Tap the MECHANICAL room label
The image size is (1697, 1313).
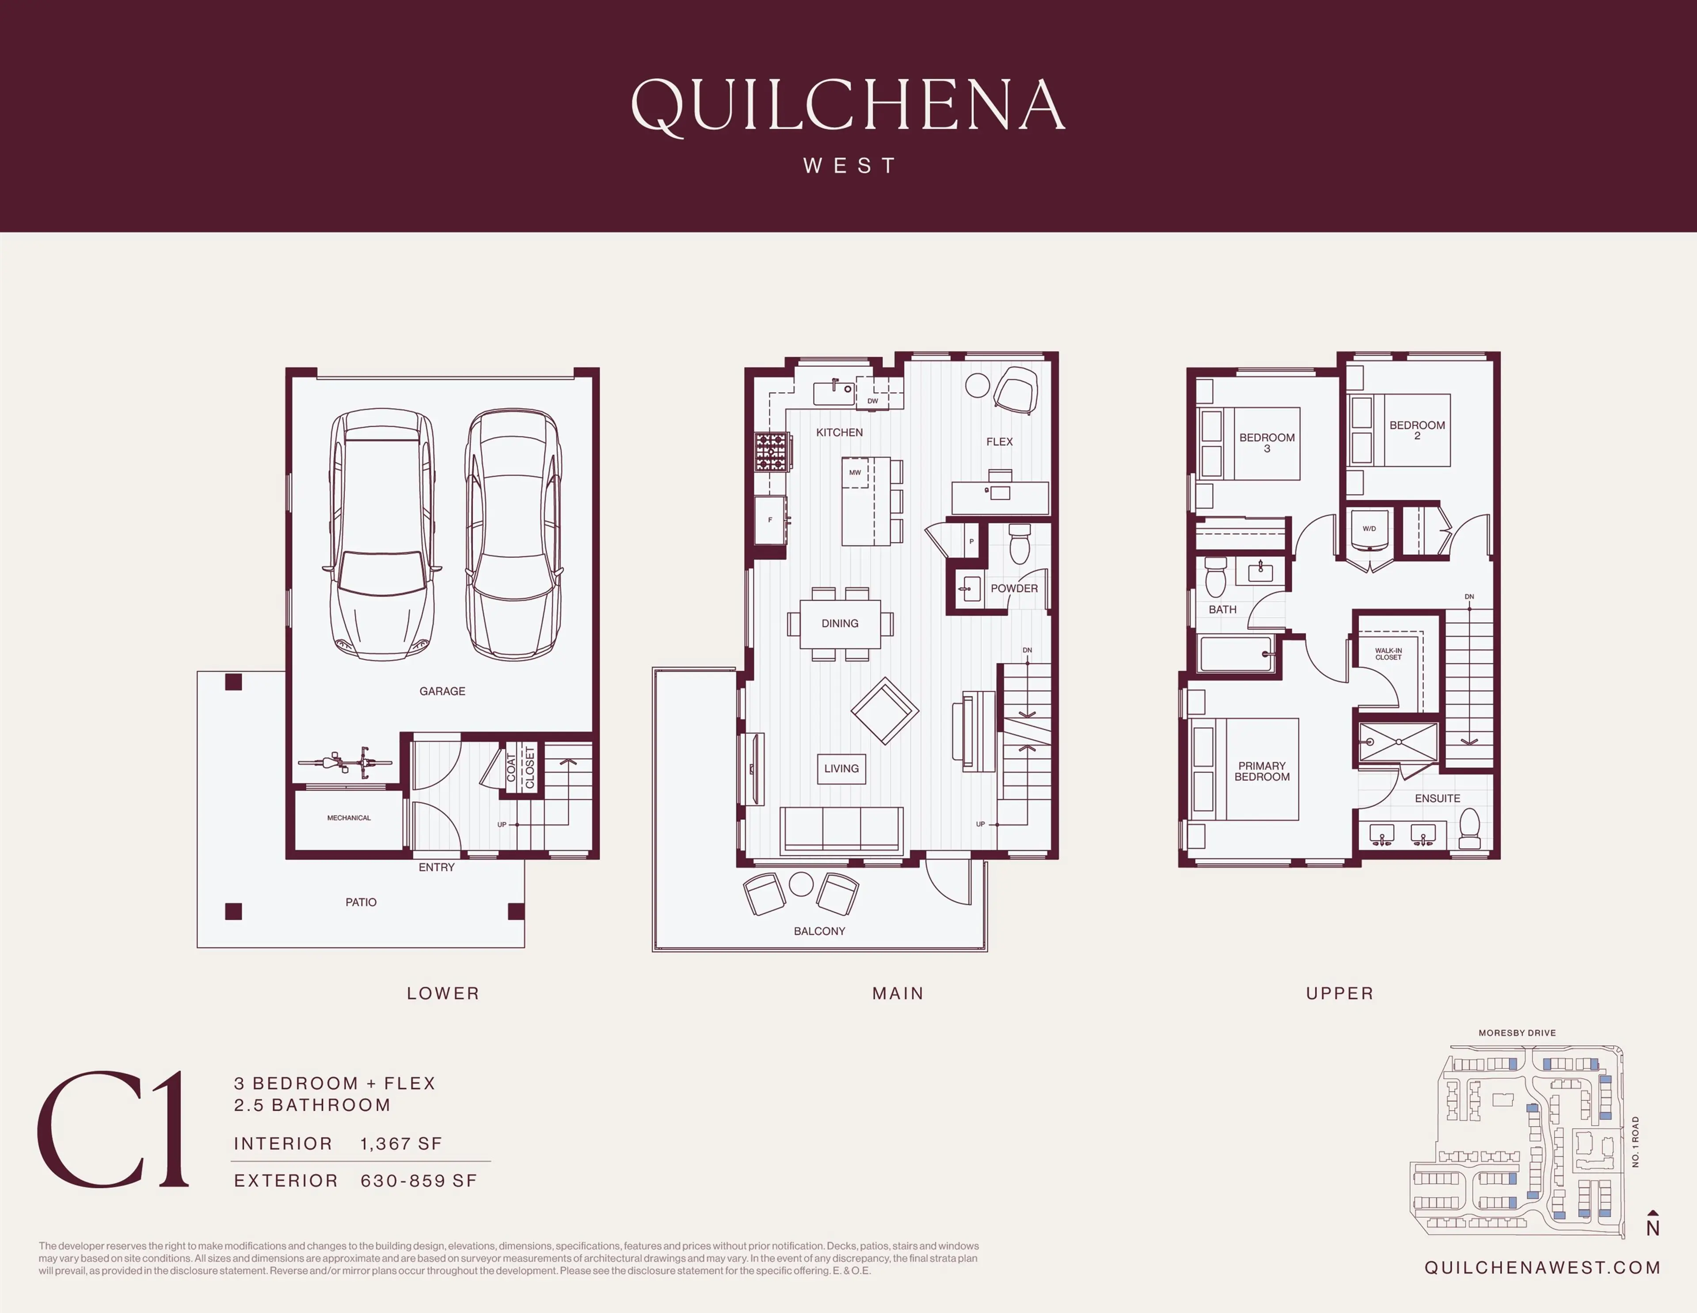point(349,818)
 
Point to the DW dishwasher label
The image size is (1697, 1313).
point(873,401)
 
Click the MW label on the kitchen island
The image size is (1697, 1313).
point(855,473)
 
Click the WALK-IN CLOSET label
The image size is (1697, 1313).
point(1389,654)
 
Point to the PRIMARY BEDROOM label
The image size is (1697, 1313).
point(1262,771)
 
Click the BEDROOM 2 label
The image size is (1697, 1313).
point(1417,430)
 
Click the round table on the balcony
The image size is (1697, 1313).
point(801,884)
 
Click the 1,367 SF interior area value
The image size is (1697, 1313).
point(401,1144)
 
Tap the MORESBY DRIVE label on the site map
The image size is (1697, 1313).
point(1517,1033)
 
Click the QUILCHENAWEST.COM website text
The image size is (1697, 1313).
point(1542,1268)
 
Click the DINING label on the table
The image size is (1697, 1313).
point(840,624)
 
